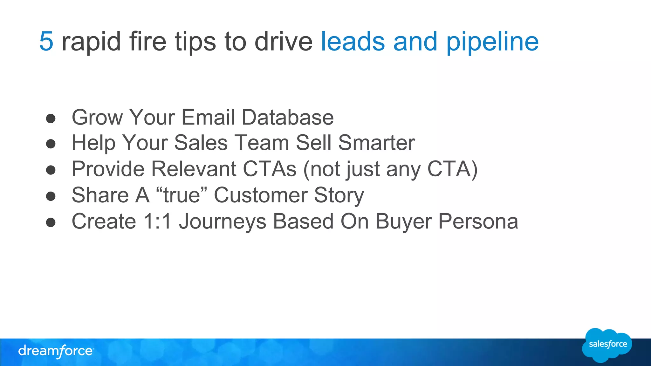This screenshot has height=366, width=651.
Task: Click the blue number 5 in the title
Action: (x=46, y=41)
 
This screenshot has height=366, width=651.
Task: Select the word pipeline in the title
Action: (x=492, y=42)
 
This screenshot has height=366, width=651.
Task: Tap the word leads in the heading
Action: (x=353, y=41)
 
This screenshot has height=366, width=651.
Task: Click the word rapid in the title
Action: (x=91, y=42)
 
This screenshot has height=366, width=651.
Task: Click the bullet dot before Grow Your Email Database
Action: (x=51, y=119)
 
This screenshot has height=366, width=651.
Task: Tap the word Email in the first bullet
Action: (x=208, y=117)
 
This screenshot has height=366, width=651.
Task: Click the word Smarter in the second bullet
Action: (x=376, y=143)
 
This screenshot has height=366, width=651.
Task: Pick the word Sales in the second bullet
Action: (x=201, y=143)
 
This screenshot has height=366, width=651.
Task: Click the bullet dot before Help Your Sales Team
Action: (x=51, y=144)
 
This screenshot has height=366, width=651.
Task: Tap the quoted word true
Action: (x=182, y=195)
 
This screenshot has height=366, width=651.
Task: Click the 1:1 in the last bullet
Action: (x=158, y=221)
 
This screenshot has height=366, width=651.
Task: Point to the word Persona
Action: (x=478, y=221)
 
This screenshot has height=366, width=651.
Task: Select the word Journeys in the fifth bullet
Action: (x=223, y=222)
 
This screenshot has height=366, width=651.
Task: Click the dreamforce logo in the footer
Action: (x=56, y=351)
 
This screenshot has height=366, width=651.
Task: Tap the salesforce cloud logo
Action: (x=607, y=345)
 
